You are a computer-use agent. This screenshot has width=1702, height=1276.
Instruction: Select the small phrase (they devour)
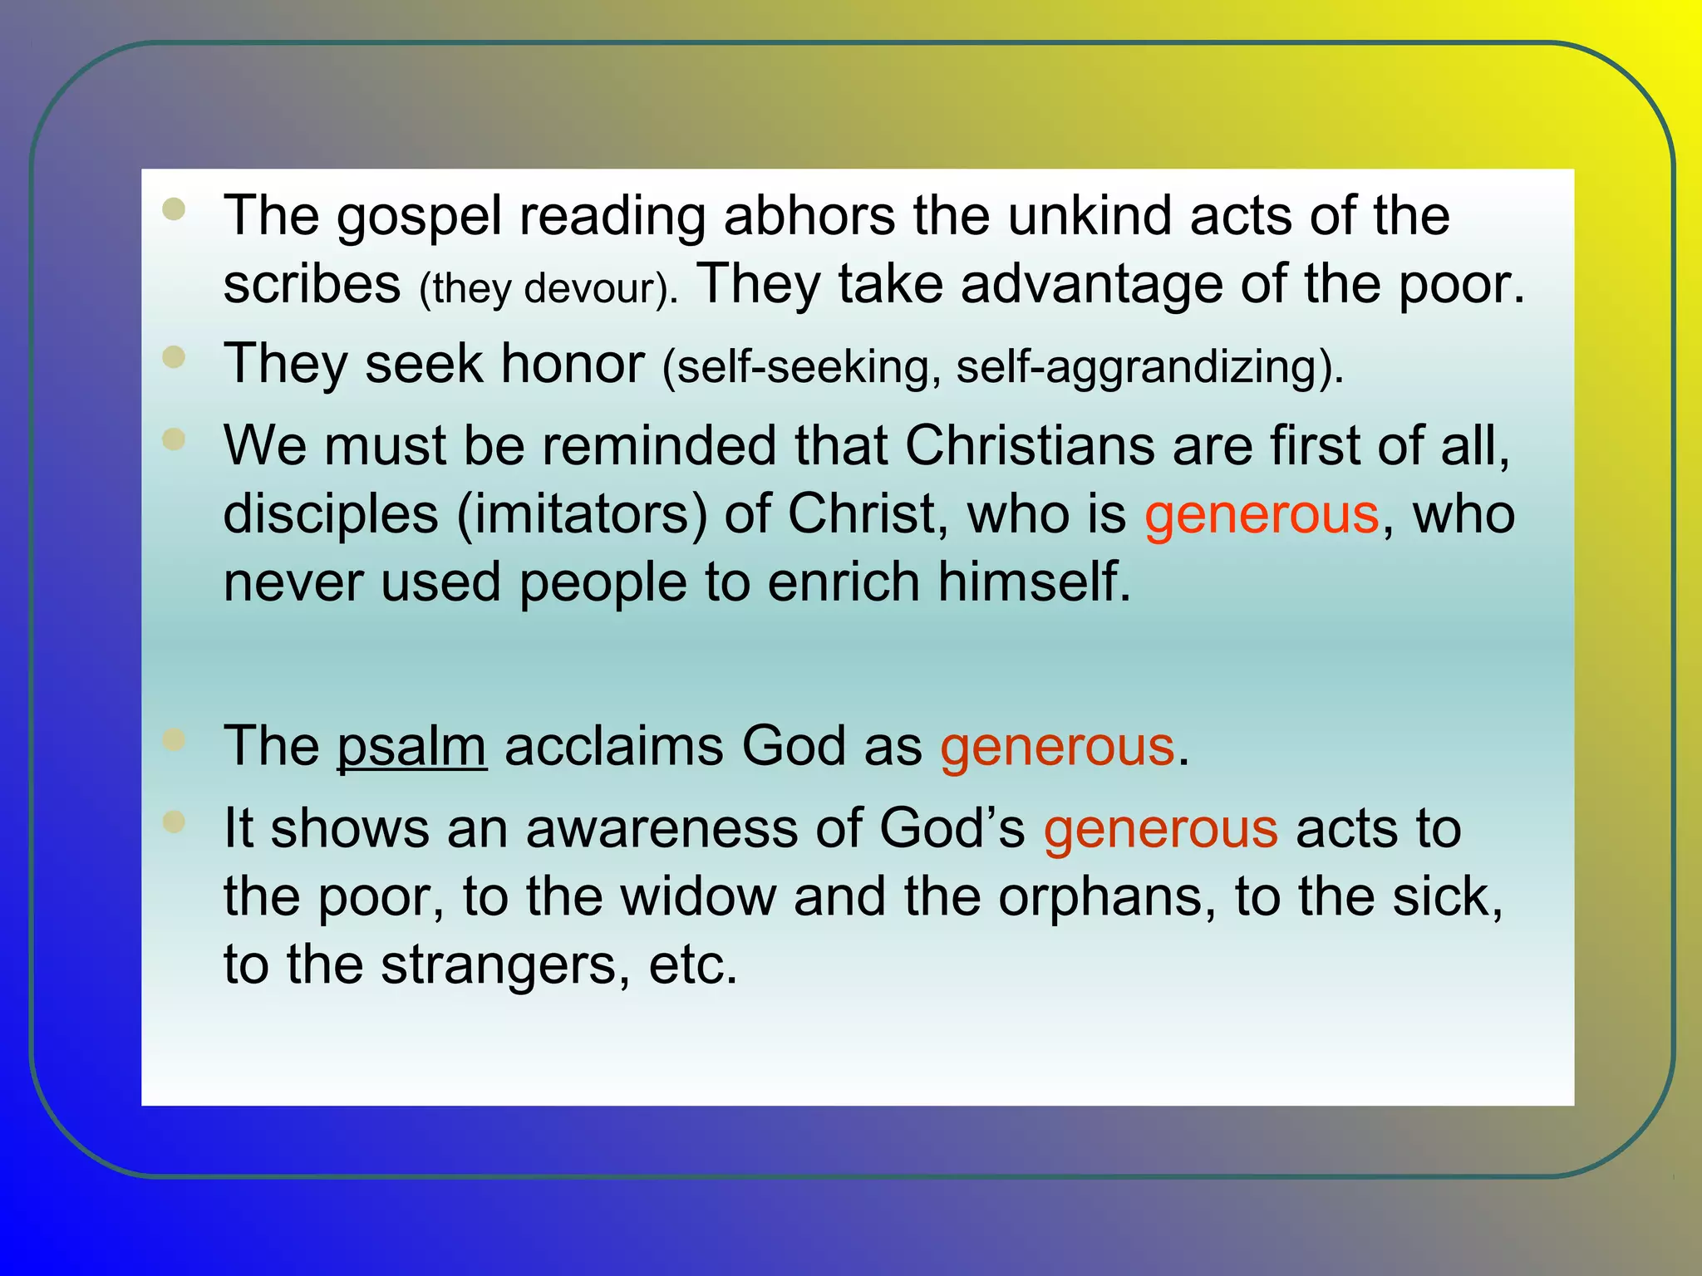tap(548, 288)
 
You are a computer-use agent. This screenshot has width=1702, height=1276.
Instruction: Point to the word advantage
tap(1091, 285)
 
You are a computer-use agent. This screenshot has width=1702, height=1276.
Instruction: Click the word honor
tap(573, 364)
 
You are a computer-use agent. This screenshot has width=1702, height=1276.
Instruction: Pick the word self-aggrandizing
tap(1149, 367)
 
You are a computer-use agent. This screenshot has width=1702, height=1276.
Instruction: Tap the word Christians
tap(1030, 445)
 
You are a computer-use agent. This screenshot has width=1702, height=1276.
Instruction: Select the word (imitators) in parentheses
tap(581, 514)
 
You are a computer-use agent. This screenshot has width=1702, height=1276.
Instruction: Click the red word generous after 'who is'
tap(1262, 514)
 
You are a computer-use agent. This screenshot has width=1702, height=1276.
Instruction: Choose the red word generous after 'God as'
tap(1057, 746)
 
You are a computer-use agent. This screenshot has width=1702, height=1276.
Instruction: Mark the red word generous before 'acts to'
tap(1160, 829)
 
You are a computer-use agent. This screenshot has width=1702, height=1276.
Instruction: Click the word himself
tap(1034, 582)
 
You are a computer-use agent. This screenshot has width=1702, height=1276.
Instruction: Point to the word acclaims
tap(613, 746)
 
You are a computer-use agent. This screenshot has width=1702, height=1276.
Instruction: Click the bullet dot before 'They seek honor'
tap(175, 357)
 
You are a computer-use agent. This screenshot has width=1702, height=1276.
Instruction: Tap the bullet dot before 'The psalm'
tap(175, 739)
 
